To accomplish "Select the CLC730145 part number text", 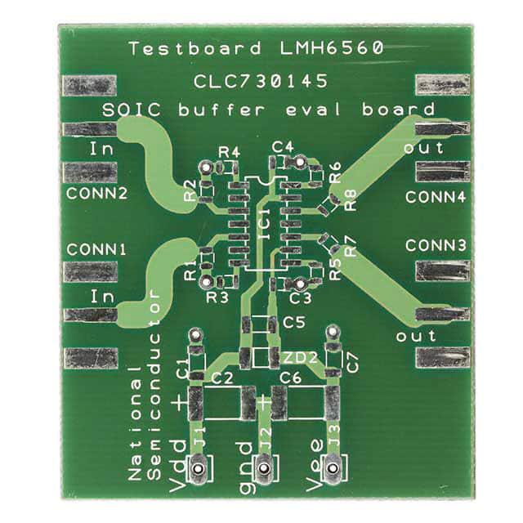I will (x=261, y=82).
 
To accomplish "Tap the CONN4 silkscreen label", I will (x=435, y=197).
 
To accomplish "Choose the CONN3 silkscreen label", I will (x=435, y=245).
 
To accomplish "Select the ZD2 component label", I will (x=293, y=357).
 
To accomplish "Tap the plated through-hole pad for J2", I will (x=263, y=469).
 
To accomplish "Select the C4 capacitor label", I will (x=284, y=146).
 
